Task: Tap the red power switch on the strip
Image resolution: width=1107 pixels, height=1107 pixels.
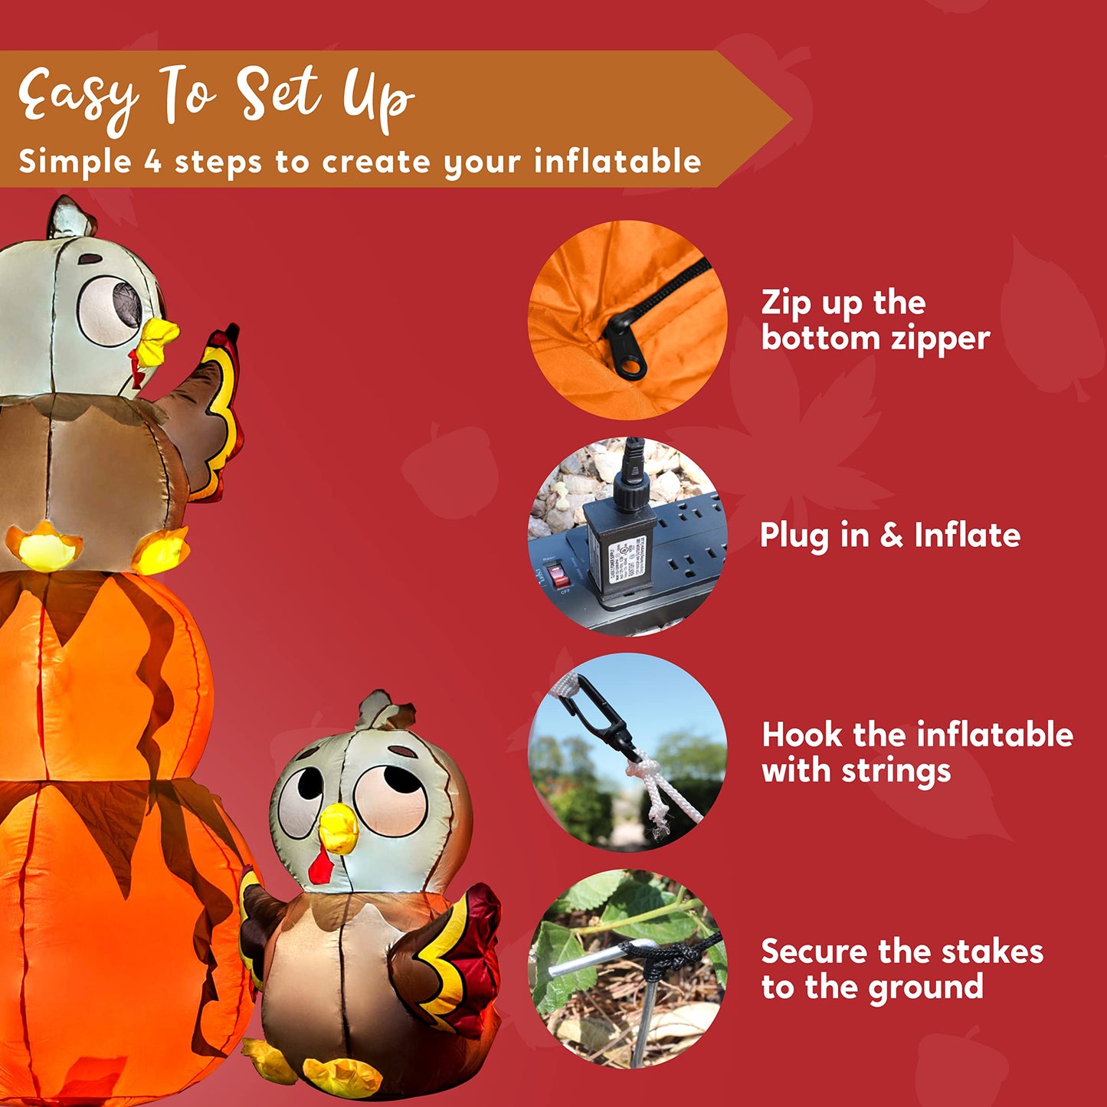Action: (558, 576)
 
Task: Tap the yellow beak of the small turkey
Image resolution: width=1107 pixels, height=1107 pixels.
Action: (338, 830)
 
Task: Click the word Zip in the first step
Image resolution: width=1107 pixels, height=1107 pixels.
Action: (786, 303)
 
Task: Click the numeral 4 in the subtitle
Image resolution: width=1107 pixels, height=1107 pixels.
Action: (153, 162)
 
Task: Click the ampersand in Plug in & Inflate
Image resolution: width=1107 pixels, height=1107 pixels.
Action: (892, 535)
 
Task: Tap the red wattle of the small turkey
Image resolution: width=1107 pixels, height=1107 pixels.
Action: (320, 867)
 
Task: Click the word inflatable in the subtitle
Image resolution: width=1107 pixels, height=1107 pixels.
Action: (617, 162)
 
